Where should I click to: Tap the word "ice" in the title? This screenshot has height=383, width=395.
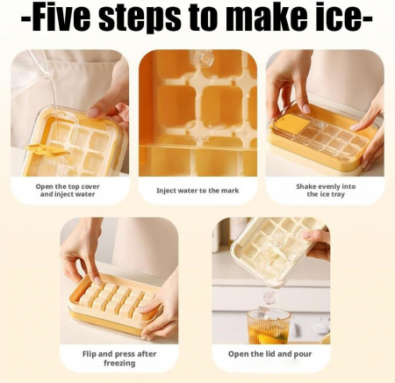pyautogui.click(x=338, y=18)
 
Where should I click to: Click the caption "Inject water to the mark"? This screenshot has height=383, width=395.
pyautogui.click(x=197, y=191)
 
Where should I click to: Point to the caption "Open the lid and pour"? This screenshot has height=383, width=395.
pyautogui.click(x=269, y=354)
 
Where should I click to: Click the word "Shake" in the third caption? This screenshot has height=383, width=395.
pyautogui.click(x=306, y=186)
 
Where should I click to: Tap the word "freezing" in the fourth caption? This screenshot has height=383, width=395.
pyautogui.click(x=119, y=364)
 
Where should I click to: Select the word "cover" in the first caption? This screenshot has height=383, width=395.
pyautogui.click(x=90, y=186)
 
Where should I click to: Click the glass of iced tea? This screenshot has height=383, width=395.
pyautogui.click(x=269, y=326)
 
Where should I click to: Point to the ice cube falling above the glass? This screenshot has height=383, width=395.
pyautogui.click(x=269, y=297)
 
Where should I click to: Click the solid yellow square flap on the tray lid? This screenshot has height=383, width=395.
pyautogui.click(x=292, y=123)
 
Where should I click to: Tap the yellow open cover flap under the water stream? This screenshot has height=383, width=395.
pyautogui.click(x=47, y=149)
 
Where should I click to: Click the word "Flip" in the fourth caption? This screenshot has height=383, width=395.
pyautogui.click(x=89, y=354)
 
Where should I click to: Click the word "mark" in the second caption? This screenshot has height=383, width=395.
pyautogui.click(x=230, y=191)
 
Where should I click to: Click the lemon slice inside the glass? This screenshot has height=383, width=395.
pyautogui.click(x=275, y=340)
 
